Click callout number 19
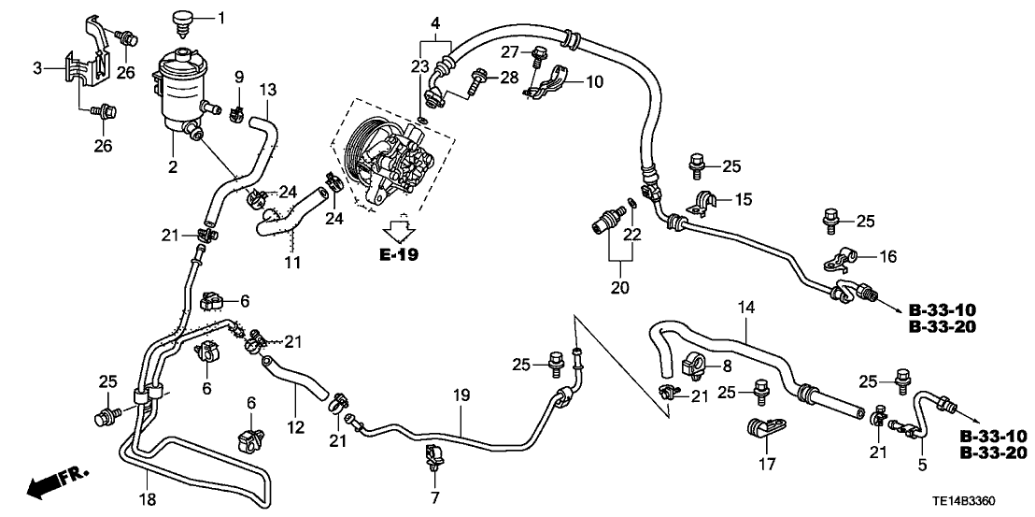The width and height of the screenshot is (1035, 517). (461, 396)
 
